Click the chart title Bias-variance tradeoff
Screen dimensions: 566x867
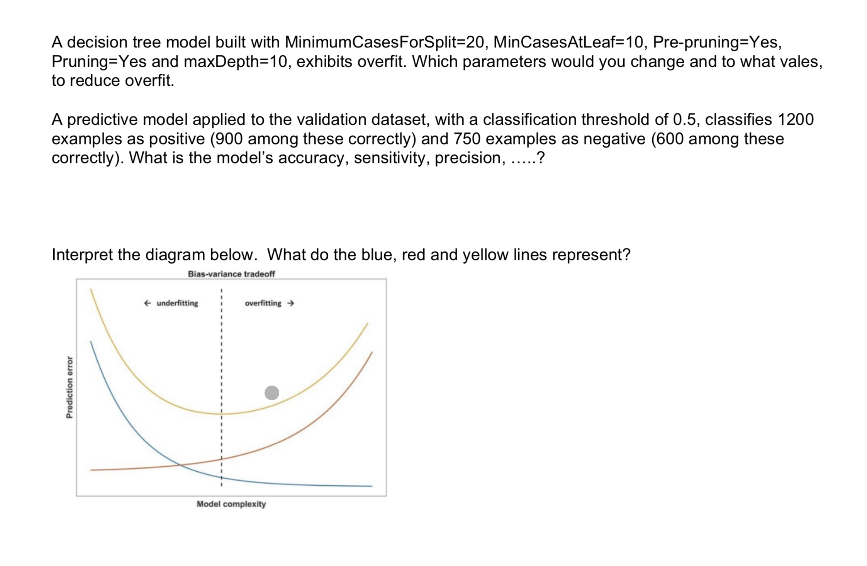click(x=231, y=274)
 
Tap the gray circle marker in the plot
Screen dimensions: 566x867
click(x=272, y=393)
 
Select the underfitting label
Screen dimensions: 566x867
click(x=177, y=303)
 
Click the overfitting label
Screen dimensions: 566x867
click(x=263, y=303)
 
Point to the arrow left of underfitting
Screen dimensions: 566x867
click(x=147, y=303)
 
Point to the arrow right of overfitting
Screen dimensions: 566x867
click(x=291, y=303)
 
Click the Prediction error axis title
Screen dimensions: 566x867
click(x=70, y=387)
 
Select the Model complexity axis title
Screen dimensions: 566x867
click(x=231, y=504)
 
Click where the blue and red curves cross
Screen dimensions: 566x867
click(x=180, y=465)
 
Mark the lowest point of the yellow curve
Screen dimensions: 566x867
click(x=222, y=414)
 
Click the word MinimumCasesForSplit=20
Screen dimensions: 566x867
click(x=384, y=42)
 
